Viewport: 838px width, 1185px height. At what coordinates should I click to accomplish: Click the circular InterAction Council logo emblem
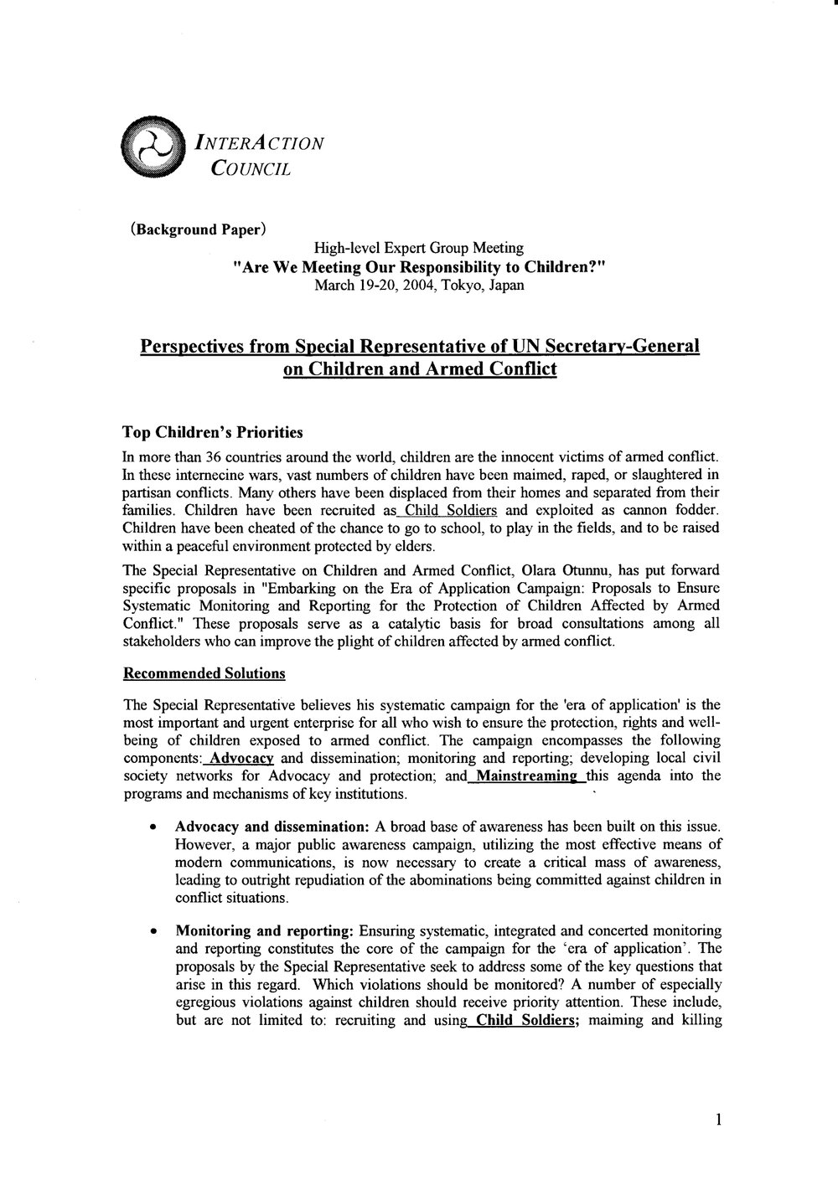pos(152,143)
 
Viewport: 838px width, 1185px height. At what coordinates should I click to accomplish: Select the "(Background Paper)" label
pos(199,229)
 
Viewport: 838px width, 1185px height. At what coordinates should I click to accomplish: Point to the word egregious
pos(209,1002)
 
